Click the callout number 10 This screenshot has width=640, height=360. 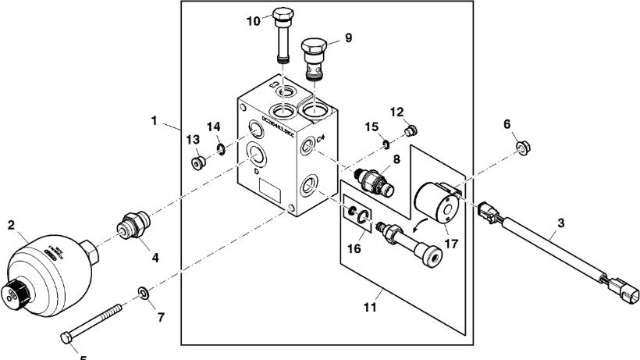click(x=254, y=21)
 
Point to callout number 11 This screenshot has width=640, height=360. click(x=371, y=308)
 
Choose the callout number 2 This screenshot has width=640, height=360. click(x=12, y=225)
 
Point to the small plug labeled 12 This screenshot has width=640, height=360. click(x=414, y=130)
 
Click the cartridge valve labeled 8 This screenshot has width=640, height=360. click(x=377, y=180)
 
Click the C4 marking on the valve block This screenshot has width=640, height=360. click(x=320, y=139)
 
